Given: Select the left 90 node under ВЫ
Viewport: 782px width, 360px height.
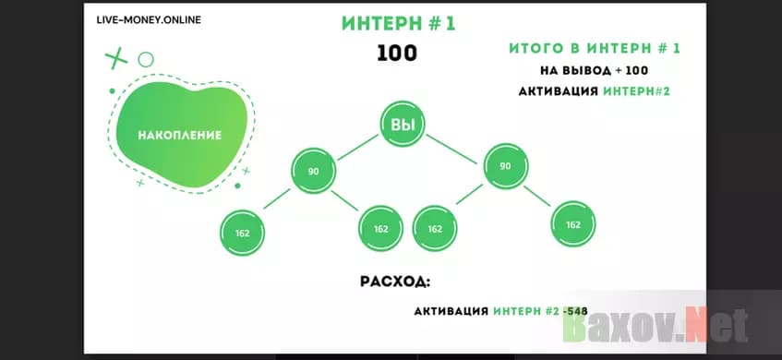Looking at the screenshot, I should coord(313,171).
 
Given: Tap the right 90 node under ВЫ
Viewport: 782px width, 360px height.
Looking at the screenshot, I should coord(504,166).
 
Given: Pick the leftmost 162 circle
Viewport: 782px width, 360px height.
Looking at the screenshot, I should coord(243,231).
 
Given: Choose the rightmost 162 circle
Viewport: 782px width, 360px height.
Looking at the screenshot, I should coord(572,224).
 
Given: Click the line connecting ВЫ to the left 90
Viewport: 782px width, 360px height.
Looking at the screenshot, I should coord(358,149).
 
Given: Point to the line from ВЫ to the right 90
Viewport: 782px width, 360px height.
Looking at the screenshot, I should coord(453,146).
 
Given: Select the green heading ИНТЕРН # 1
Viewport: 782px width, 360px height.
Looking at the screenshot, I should coord(398,24).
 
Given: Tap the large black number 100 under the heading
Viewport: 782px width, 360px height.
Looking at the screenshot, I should coord(397,54).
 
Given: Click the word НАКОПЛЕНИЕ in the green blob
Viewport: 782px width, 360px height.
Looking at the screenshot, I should coord(179,136).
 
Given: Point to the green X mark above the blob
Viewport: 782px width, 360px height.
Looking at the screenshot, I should coord(115,59).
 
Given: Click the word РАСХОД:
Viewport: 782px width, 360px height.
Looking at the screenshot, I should coord(395,281).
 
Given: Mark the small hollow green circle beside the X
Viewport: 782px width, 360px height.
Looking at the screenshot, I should coord(146,59).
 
